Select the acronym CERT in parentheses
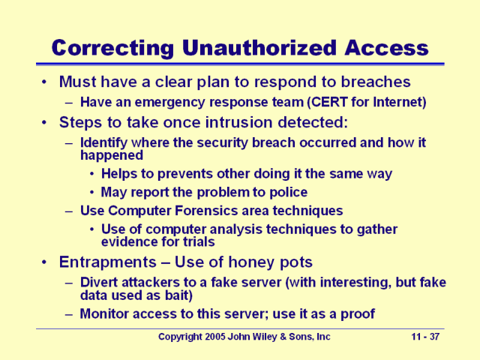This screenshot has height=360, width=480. coord(318,102)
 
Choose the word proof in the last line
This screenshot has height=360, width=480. coord(358,313)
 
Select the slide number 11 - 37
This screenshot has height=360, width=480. coord(426,337)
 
